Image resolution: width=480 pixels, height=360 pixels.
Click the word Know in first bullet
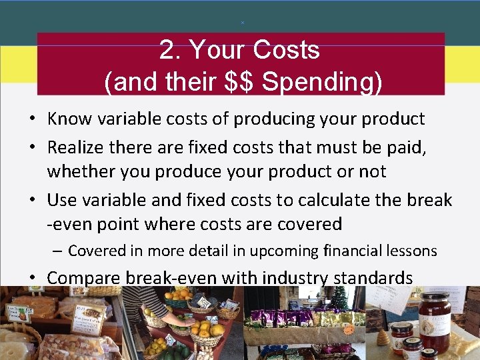point(69,119)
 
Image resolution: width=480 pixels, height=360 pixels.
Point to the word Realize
point(77,147)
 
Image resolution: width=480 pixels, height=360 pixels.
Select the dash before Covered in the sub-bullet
point(58,251)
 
